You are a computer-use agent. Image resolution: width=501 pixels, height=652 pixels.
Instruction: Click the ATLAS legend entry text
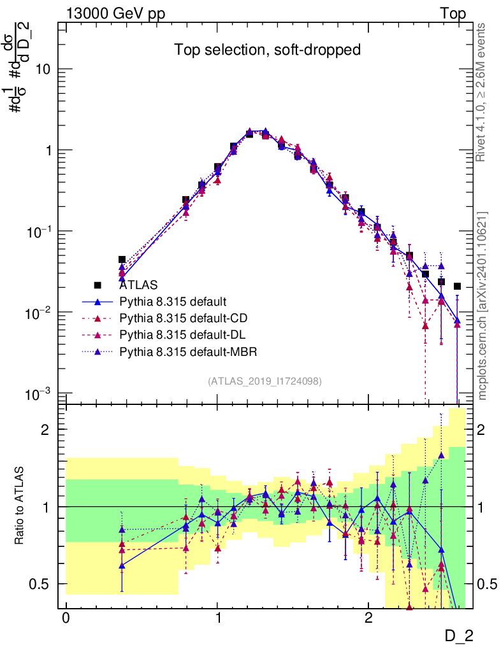[138, 285]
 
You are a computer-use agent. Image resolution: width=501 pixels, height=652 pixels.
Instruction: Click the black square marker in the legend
[98, 285]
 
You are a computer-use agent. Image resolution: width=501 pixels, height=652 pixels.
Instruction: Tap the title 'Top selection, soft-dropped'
[268, 50]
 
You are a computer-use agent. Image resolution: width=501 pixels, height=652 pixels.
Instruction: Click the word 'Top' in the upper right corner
[453, 14]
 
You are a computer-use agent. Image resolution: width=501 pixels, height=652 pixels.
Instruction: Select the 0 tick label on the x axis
[66, 618]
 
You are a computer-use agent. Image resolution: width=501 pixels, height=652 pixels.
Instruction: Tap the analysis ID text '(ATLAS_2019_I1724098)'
[265, 381]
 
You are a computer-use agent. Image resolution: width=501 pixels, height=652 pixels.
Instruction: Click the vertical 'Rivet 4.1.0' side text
[482, 92]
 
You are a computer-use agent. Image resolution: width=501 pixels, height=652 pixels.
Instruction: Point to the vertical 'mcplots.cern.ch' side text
[482, 306]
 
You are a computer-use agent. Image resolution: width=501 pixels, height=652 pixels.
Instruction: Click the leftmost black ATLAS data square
[122, 260]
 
